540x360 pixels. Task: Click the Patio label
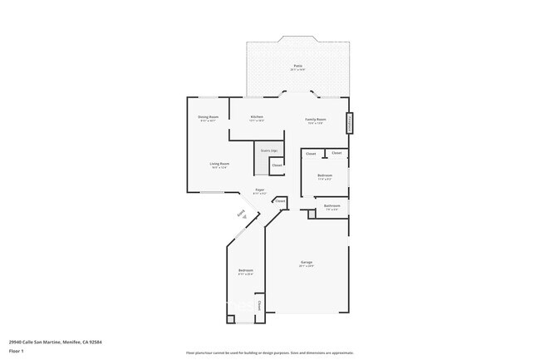pos(297,65)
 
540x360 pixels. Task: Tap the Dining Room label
pos(208,116)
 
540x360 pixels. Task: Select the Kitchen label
pos(257,116)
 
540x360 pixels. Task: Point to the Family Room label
pos(316,119)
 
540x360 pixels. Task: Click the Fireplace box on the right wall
pos(350,122)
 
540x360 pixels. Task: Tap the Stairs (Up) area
pos(269,150)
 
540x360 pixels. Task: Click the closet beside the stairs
pos(277,165)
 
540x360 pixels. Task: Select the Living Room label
pos(219,164)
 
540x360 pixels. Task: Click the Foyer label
pos(260,190)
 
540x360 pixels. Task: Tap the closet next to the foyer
pos(280,200)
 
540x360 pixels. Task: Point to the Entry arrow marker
pos(243,215)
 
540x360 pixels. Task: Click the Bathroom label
pos(332,205)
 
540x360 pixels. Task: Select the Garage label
pos(307,263)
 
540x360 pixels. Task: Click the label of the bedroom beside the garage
pos(246,270)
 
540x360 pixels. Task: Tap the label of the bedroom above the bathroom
pos(325,175)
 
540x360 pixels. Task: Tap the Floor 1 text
pos(16,352)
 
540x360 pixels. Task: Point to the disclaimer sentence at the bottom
pos(270,353)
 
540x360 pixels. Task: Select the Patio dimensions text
pos(297,70)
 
